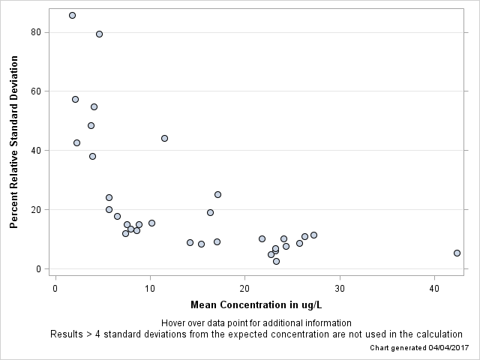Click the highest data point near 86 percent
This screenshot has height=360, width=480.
72,15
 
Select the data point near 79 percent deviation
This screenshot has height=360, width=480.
99,34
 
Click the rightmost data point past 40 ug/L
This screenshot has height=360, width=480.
457,253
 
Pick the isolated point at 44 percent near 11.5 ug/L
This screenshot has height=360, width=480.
164,138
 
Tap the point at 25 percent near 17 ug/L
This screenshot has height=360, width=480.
217,194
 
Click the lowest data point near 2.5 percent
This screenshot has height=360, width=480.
276,261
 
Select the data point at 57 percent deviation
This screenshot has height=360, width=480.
75,99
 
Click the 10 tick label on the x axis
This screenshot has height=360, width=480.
150,289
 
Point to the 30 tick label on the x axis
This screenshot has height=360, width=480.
340,289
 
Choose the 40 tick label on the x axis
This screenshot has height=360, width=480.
434,289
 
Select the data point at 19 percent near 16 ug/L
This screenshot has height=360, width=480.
210,212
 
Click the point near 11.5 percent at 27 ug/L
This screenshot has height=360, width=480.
313,235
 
